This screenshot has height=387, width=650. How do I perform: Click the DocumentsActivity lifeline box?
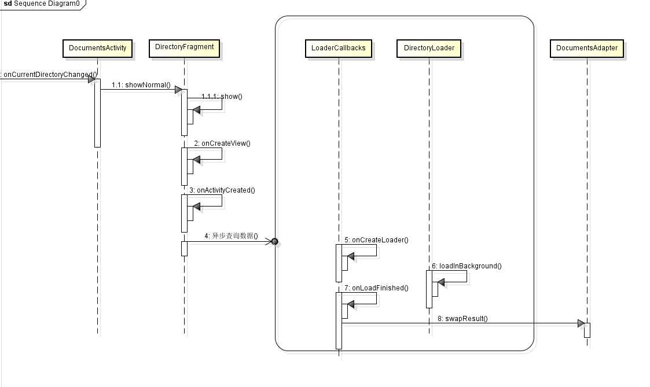point(97,48)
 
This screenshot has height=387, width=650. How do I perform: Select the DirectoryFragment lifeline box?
point(184,47)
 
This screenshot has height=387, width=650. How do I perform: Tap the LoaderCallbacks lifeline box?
point(339,48)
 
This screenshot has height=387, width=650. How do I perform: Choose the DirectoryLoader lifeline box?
point(429,48)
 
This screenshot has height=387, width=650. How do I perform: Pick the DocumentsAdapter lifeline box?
point(586,48)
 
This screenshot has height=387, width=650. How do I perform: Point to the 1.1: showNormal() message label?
point(141,86)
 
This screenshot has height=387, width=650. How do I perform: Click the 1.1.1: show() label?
point(222,97)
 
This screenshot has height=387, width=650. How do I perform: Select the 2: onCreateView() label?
point(222,143)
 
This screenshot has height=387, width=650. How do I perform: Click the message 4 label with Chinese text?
point(230,237)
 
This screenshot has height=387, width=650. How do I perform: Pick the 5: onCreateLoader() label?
point(376,239)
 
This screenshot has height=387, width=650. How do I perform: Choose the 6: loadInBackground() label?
point(466,266)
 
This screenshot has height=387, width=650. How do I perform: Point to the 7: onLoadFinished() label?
point(376,288)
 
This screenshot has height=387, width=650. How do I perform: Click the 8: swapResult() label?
point(462,318)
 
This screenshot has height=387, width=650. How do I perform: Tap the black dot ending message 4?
point(275,242)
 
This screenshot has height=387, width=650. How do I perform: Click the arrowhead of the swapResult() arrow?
point(581,323)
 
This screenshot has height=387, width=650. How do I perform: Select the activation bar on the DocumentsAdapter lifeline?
point(587,330)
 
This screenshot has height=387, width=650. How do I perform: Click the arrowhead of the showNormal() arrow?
point(179,90)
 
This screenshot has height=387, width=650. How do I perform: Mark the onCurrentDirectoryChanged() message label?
point(49,75)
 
